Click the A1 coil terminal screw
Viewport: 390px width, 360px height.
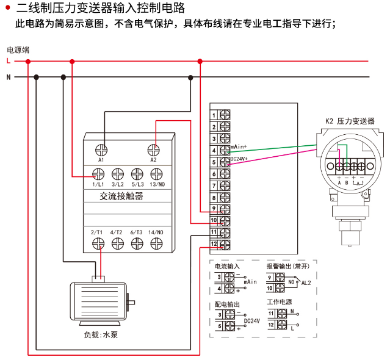(x=102, y=148)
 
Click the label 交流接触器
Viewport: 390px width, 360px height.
(x=121, y=196)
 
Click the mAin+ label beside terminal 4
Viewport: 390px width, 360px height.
(x=239, y=147)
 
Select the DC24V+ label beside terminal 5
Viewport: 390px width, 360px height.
(x=239, y=159)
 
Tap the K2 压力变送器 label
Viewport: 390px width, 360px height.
(x=350, y=121)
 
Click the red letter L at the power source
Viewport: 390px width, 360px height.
(x=8, y=61)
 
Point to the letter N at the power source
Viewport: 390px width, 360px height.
(x=8, y=77)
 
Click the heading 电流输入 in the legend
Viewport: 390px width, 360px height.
(x=227, y=267)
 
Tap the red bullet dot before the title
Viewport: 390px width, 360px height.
(x=7, y=9)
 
